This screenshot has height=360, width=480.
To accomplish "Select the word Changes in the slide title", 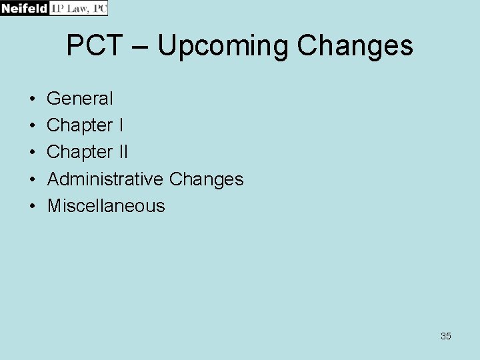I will (x=355, y=46).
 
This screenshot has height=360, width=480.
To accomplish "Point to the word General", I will (x=80, y=99).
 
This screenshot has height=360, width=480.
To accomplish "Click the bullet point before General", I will (x=33, y=99).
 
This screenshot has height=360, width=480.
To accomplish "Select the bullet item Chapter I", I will (x=85, y=125).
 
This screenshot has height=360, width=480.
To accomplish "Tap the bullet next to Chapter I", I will (x=33, y=126).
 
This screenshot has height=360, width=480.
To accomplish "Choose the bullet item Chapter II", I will (x=87, y=152).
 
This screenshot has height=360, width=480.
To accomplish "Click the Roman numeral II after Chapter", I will (x=123, y=152).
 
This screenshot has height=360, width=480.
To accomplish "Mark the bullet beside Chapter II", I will (x=33, y=153).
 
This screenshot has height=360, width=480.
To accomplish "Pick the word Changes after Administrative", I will (x=207, y=179).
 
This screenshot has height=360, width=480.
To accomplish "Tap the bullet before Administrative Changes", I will (x=33, y=179).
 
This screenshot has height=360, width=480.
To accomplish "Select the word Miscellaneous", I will (x=106, y=205).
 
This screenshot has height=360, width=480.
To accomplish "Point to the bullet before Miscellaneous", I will (x=33, y=206).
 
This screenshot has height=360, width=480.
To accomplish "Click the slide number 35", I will (x=446, y=336).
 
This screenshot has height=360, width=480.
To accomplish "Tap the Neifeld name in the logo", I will (x=25, y=8).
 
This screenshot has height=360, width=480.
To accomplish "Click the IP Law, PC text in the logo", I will (x=79, y=8).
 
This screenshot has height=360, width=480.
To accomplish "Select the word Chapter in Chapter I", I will (x=80, y=125).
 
